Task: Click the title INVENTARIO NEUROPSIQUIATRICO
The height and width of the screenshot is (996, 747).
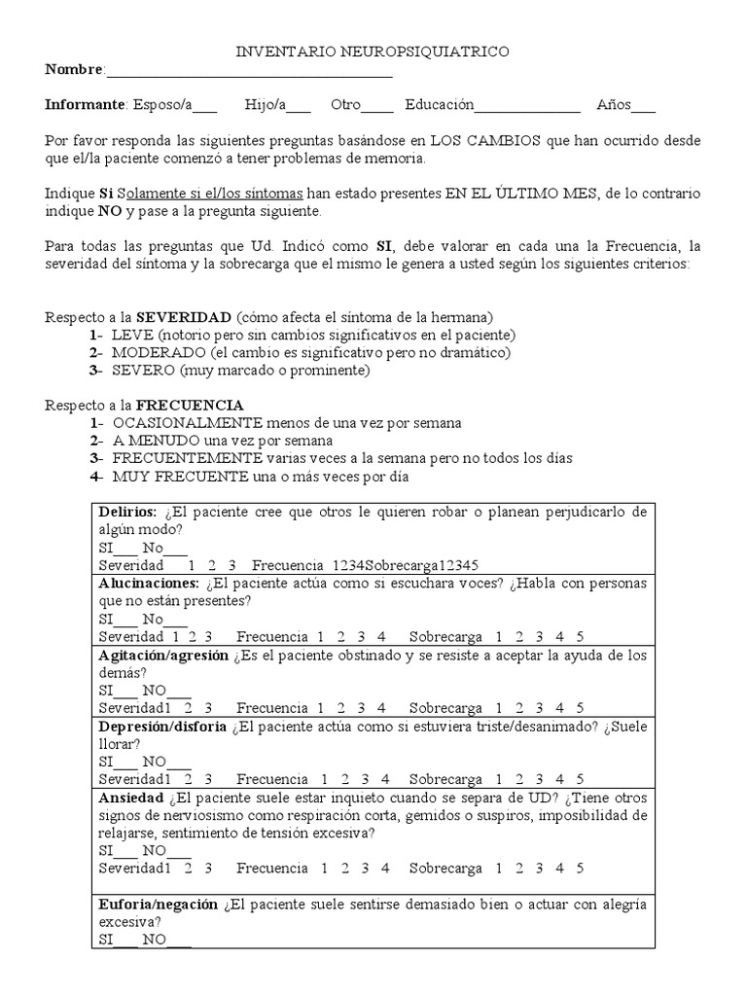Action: click(x=373, y=52)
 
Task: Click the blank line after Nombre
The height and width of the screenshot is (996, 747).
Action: click(x=248, y=71)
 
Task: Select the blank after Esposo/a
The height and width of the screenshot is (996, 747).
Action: click(x=205, y=105)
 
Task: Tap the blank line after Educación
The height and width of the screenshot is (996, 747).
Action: click(x=526, y=105)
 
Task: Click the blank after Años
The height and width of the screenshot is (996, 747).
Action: click(x=644, y=105)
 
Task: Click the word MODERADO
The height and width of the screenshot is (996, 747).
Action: click(x=155, y=353)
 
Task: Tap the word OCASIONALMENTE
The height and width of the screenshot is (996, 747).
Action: click(x=188, y=423)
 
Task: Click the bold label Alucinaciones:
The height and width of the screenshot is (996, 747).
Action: click(x=149, y=584)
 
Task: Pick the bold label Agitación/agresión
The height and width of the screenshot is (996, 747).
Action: click(x=163, y=656)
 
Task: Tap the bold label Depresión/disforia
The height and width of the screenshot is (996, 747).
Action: click(x=162, y=727)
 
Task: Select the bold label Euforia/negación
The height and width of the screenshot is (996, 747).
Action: click(x=159, y=905)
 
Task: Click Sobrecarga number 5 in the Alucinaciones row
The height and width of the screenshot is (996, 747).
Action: click(x=579, y=637)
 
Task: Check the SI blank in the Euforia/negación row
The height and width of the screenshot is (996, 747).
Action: click(x=125, y=941)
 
